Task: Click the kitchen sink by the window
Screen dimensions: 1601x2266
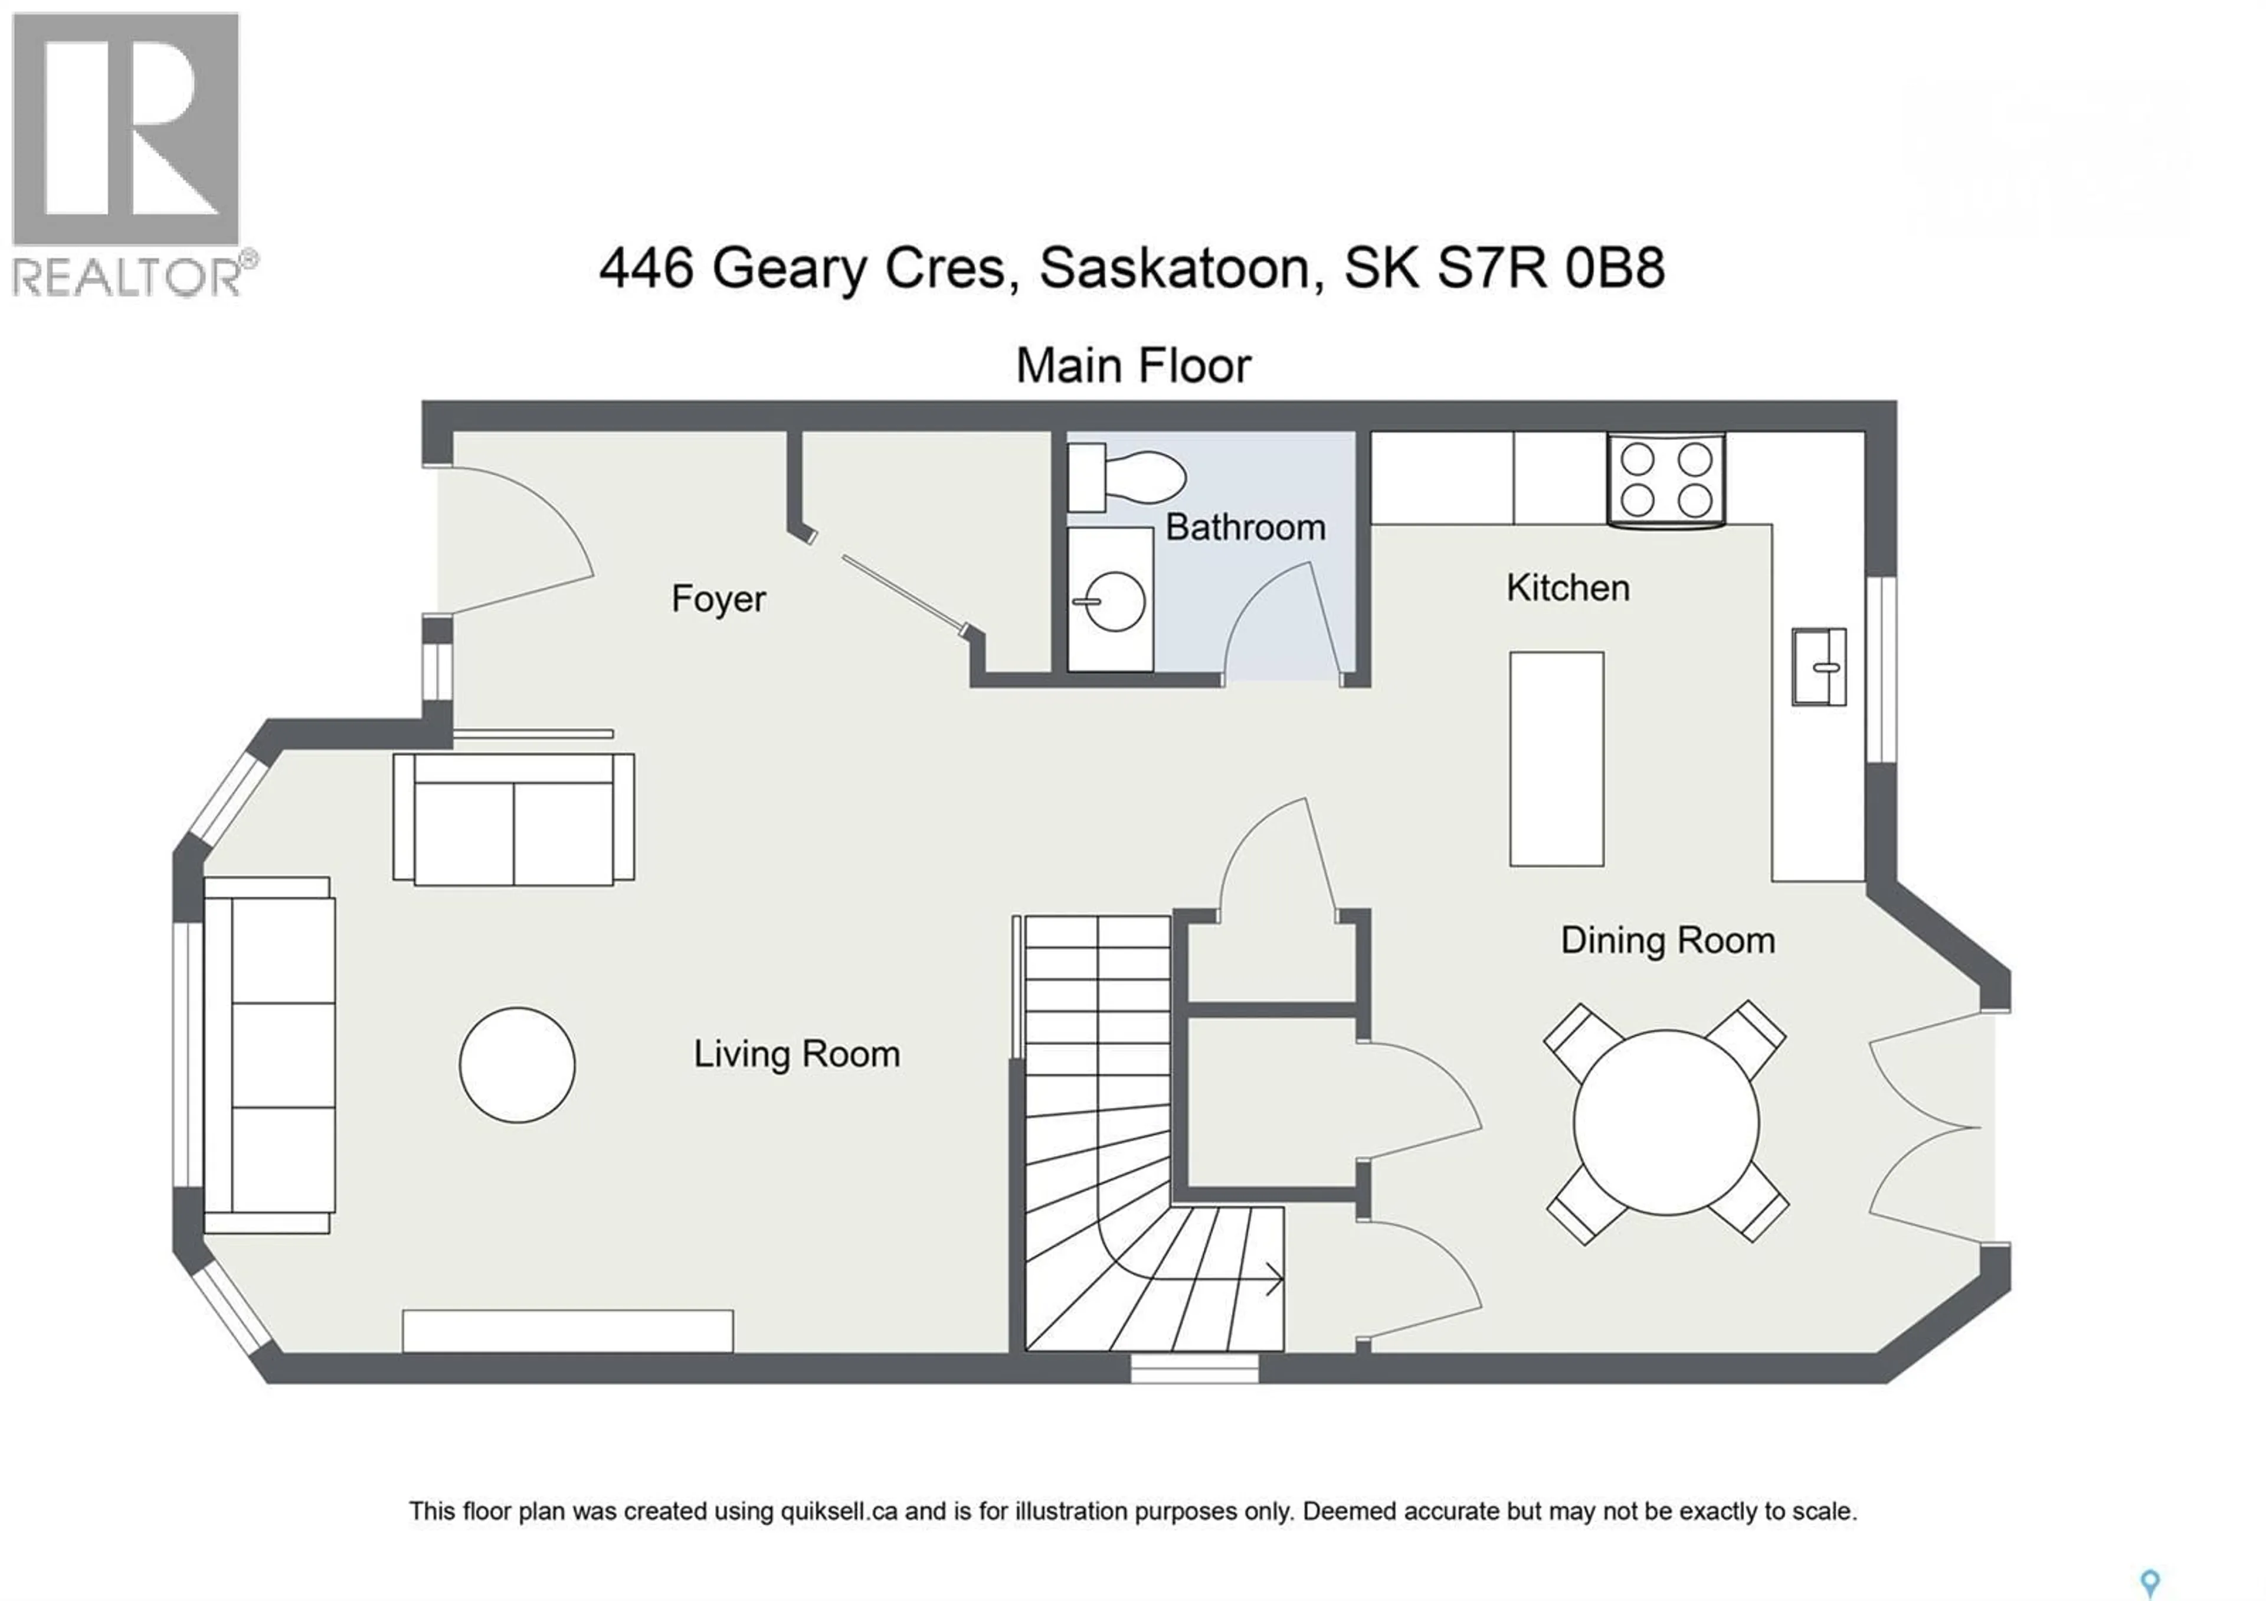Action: click(1818, 666)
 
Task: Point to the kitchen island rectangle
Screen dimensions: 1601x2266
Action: click(1556, 758)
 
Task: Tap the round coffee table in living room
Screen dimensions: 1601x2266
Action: click(517, 1064)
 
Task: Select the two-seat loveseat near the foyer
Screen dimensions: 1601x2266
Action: click(513, 819)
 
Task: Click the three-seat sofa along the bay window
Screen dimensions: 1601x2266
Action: click(268, 1054)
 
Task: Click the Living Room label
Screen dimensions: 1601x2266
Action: click(797, 1054)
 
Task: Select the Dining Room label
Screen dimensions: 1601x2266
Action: click(1668, 940)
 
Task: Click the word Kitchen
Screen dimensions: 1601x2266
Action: click(1567, 589)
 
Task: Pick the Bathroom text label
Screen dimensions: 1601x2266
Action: click(1246, 527)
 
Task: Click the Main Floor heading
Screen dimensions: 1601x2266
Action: click(1133, 366)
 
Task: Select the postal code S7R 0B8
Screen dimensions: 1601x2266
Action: click(1550, 267)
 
